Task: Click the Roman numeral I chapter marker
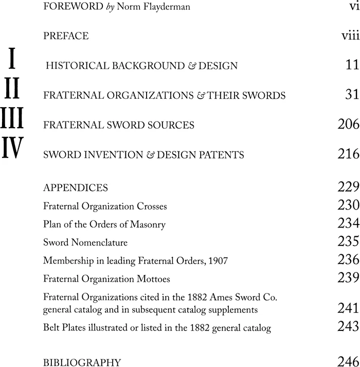tap(11, 59)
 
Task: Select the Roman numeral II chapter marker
tap(11, 89)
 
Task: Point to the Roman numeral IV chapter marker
tap(12, 148)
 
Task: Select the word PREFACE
tap(66, 36)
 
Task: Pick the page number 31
tap(350, 95)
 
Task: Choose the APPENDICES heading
tap(76, 187)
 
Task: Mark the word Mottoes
tap(151, 278)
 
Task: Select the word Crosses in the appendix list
tap(151, 206)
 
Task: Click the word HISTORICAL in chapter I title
tap(76, 66)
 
